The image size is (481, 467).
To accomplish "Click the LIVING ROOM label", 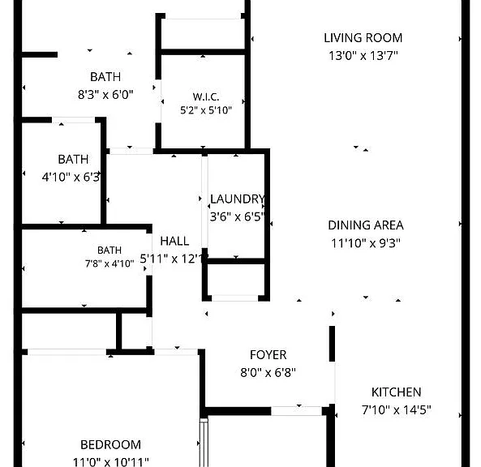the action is click(x=363, y=38).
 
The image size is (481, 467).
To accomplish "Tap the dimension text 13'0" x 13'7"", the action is click(x=363, y=56).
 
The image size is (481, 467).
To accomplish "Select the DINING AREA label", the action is click(x=366, y=225).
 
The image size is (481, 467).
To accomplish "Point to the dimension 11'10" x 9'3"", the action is click(x=366, y=243).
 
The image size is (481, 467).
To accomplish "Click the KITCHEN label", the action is click(x=397, y=392).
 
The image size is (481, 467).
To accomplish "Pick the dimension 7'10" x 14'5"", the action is click(x=397, y=409).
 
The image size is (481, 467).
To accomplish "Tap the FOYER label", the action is click(x=268, y=355).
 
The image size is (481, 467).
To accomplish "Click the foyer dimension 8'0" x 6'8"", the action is click(x=268, y=373).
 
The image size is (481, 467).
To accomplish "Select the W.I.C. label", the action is click(x=206, y=97).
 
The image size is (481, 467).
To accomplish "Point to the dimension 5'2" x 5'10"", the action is click(x=206, y=110).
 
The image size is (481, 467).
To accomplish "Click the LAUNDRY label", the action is click(x=237, y=199).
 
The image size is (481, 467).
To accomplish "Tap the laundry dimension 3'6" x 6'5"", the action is click(x=237, y=216).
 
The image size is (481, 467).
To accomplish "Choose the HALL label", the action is click(x=174, y=241).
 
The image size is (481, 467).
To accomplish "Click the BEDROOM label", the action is click(x=111, y=445).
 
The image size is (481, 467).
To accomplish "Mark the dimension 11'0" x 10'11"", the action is click(x=111, y=462).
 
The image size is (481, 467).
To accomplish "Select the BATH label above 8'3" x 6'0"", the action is click(x=105, y=77).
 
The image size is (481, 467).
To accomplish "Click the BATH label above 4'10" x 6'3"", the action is click(x=73, y=160).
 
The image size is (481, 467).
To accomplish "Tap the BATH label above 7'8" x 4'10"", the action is click(x=110, y=251).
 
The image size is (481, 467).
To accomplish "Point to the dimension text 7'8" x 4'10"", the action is click(x=110, y=263).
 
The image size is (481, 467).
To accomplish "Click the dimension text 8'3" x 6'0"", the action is click(x=105, y=94).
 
